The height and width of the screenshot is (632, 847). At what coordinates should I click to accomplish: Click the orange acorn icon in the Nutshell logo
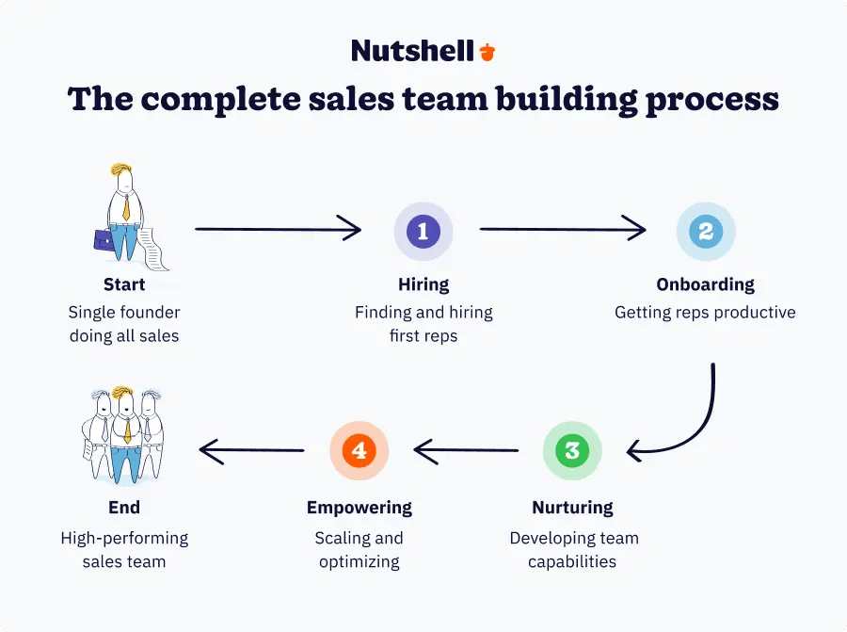(487, 51)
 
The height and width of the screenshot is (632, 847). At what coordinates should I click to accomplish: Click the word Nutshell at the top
(412, 51)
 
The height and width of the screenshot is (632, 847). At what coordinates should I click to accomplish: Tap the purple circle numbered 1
(423, 231)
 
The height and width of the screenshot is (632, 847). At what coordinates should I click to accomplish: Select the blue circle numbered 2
(706, 231)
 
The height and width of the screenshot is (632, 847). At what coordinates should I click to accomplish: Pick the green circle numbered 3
(572, 450)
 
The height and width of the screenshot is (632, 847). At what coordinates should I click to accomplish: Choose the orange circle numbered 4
(359, 450)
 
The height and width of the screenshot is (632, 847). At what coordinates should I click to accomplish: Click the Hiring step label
(423, 284)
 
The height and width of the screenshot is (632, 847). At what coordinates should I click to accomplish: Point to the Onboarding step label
(705, 284)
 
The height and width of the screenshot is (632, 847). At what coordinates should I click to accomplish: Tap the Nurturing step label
(573, 508)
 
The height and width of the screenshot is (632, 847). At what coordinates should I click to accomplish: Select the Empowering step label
(359, 508)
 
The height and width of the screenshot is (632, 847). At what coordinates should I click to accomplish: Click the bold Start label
(124, 284)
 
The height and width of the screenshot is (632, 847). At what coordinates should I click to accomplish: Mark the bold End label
(124, 508)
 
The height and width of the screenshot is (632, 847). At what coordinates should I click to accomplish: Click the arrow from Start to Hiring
(278, 229)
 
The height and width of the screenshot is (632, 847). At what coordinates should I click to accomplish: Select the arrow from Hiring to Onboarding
(563, 229)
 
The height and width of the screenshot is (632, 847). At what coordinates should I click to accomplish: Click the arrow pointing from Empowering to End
(251, 451)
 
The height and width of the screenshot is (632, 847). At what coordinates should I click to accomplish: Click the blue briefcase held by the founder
(105, 239)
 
